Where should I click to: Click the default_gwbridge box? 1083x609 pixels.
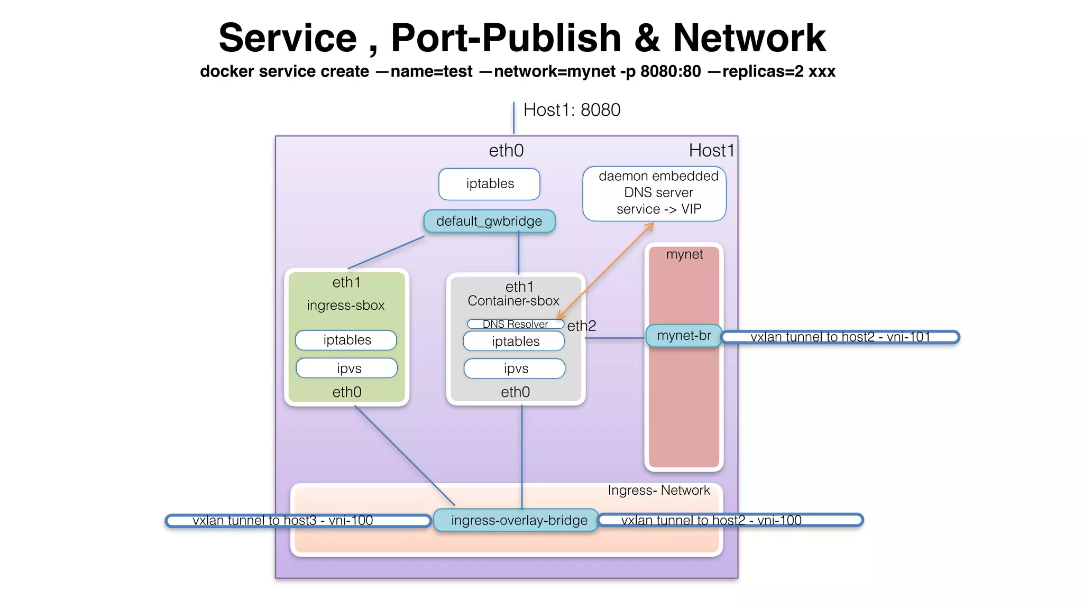(489, 221)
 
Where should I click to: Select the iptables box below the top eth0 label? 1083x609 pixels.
(489, 184)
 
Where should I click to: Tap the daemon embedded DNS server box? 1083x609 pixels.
(654, 193)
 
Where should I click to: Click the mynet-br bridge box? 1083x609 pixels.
(684, 336)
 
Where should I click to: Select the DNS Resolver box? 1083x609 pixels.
(515, 324)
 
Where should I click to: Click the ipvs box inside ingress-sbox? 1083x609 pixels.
(347, 368)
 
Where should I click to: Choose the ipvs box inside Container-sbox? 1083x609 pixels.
(515, 368)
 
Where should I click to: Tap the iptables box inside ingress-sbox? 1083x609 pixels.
(346, 340)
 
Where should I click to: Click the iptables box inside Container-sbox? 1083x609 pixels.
(514, 342)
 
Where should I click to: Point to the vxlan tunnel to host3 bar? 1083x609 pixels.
(298, 521)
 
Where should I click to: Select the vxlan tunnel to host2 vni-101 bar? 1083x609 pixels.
(840, 337)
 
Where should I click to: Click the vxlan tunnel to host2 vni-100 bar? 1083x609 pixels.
(730, 520)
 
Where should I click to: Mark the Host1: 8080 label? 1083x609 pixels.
(572, 110)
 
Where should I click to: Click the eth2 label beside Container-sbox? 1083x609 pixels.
(581, 326)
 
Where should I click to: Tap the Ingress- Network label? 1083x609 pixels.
(658, 490)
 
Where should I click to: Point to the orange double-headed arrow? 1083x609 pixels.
(606, 270)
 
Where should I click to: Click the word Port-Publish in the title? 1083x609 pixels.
(506, 38)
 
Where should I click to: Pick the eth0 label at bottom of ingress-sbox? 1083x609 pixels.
(347, 392)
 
